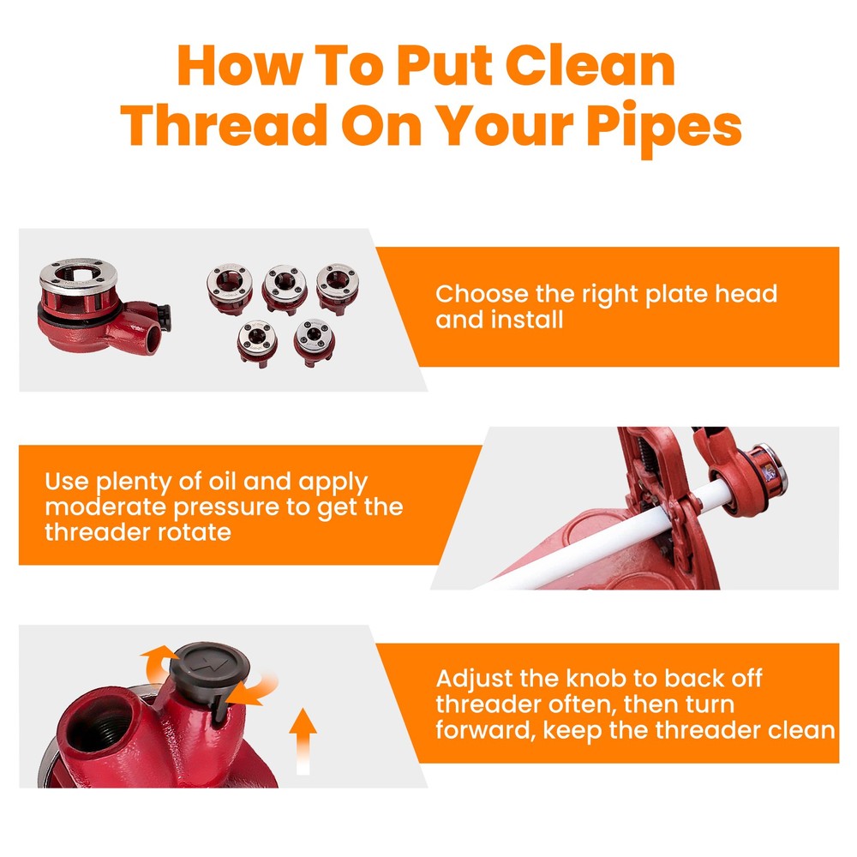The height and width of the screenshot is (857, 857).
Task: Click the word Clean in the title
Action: tap(590, 66)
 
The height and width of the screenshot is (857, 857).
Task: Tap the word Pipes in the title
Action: tap(663, 128)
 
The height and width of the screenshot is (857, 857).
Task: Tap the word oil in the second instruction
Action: tap(222, 482)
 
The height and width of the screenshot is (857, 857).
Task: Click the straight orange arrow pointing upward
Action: tap(303, 741)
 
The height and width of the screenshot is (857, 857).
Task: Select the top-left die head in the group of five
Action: tap(230, 288)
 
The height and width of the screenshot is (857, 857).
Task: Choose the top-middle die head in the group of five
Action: tap(285, 289)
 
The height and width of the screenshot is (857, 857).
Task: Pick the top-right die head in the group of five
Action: tap(337, 288)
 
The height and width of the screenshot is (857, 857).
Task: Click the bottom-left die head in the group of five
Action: tap(257, 343)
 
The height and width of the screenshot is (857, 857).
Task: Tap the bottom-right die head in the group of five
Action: tap(315, 342)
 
